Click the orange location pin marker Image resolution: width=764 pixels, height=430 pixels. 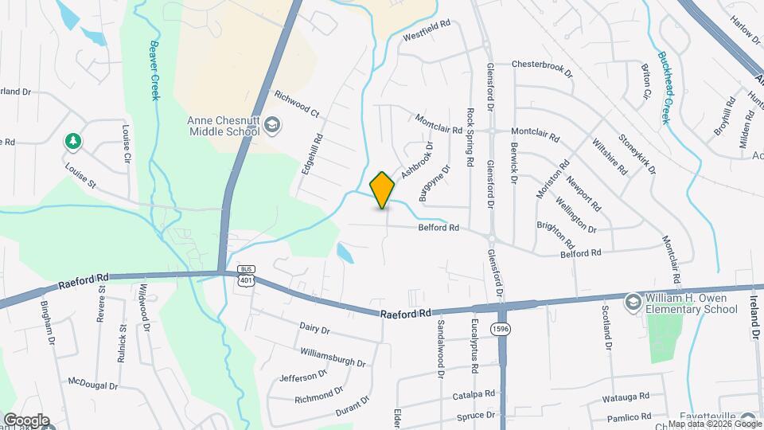point(383,190)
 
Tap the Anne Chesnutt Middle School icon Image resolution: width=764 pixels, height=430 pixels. point(272,124)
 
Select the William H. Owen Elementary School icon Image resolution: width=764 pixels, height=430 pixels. point(632,302)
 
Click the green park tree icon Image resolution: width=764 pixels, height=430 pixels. point(72,141)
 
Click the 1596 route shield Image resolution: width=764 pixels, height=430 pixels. point(500,329)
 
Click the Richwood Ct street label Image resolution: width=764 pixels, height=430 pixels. point(296,104)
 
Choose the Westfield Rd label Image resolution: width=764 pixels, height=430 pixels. point(427,24)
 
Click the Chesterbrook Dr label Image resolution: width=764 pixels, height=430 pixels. point(542,67)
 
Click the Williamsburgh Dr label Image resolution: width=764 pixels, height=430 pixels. point(333,358)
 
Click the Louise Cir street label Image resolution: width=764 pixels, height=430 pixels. point(126,143)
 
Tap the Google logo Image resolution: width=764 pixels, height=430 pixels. point(25,420)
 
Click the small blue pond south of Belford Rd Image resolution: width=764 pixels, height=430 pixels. point(345,253)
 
